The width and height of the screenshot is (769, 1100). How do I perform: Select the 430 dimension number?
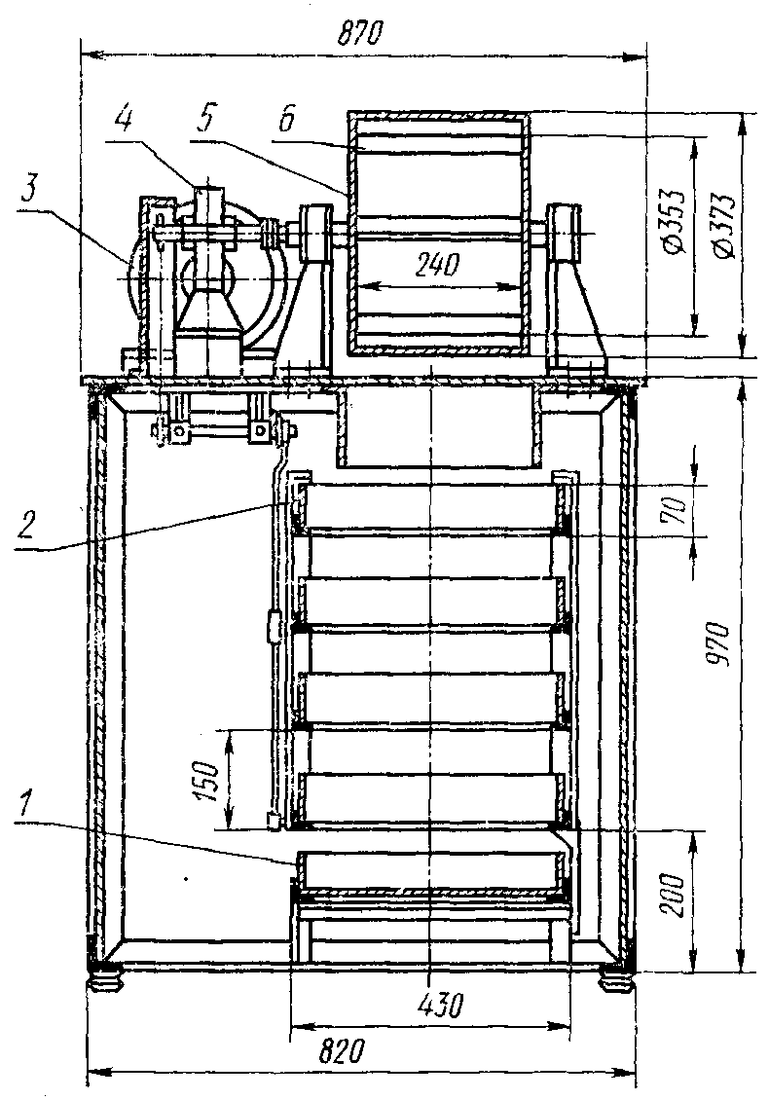click(436, 1004)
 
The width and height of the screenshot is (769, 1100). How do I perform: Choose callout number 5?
click(201, 120)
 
